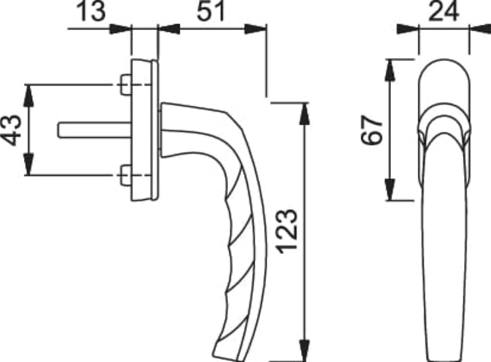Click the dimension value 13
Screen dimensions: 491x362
[x=90, y=11]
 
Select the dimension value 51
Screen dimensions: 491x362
[x=210, y=11]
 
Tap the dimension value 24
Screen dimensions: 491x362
[x=444, y=11]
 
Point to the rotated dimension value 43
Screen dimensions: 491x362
[x=11, y=130]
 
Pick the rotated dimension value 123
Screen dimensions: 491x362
[x=287, y=232]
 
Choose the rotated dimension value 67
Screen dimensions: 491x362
[x=372, y=130]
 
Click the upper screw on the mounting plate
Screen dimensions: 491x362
[x=126, y=84]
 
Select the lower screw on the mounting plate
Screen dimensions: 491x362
[x=126, y=175]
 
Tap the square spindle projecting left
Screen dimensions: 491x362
[x=95, y=130]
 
